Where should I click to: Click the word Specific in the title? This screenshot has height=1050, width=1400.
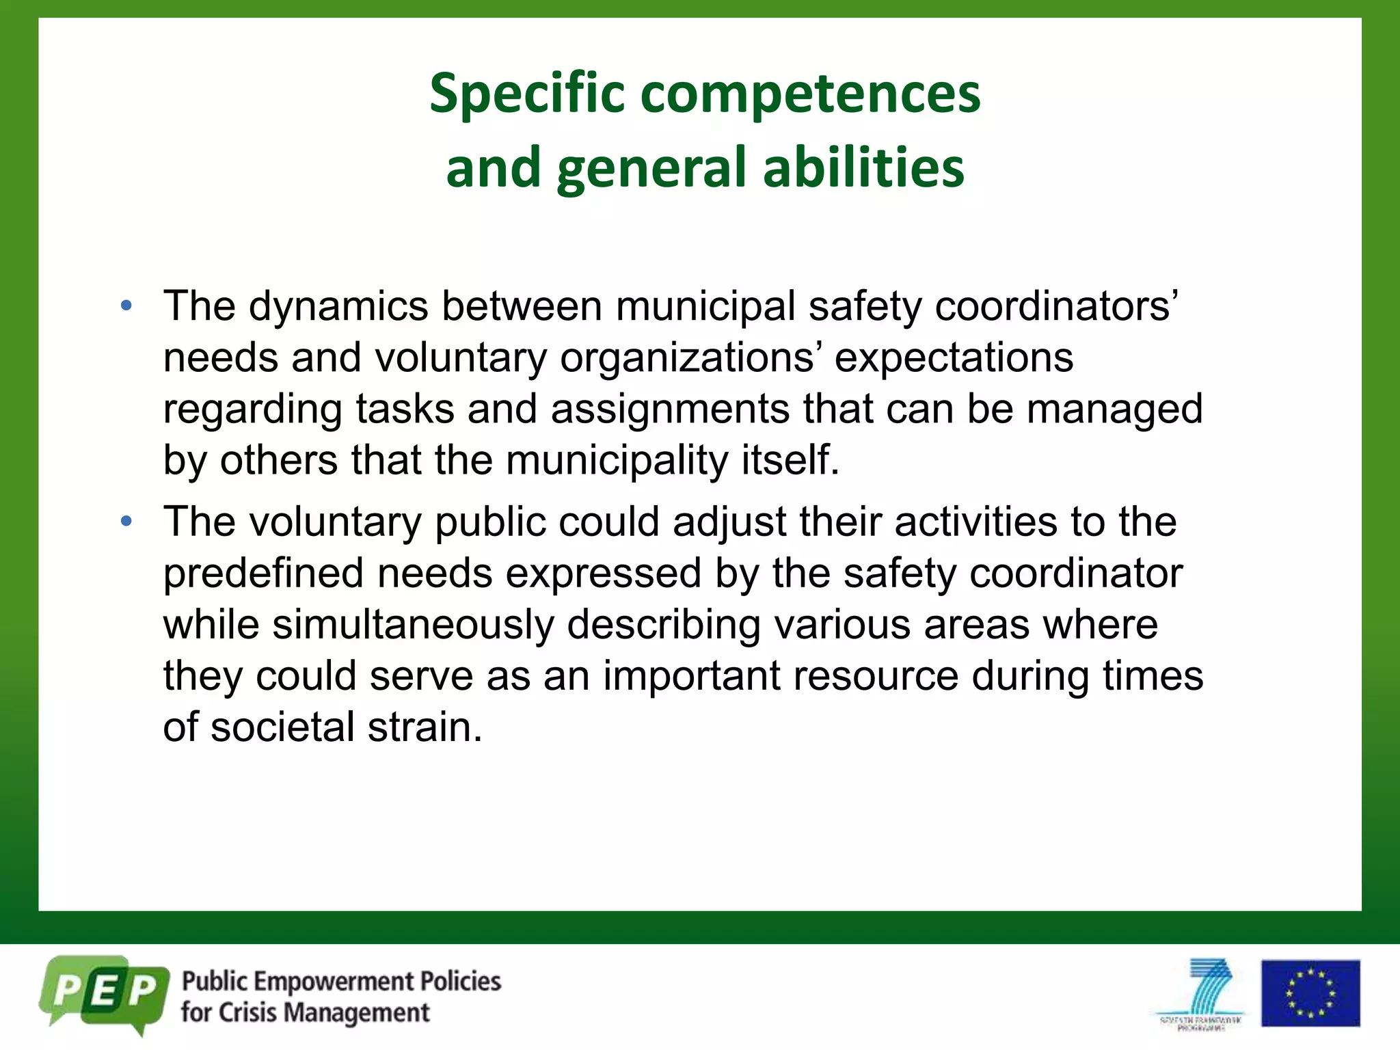point(526,94)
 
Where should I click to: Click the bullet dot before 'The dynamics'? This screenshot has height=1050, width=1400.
point(126,306)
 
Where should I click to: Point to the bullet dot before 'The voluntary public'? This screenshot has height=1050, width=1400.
point(126,522)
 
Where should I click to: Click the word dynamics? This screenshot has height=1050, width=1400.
point(338,306)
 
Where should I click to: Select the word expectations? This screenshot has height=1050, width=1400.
point(954,358)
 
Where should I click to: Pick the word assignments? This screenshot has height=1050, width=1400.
point(670,409)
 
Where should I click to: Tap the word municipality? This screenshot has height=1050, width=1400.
point(617,460)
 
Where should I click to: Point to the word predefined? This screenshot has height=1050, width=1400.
point(263,573)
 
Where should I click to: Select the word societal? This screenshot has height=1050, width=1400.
point(282,727)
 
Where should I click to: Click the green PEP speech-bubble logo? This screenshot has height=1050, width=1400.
point(105,993)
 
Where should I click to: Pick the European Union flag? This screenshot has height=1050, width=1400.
point(1310,993)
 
